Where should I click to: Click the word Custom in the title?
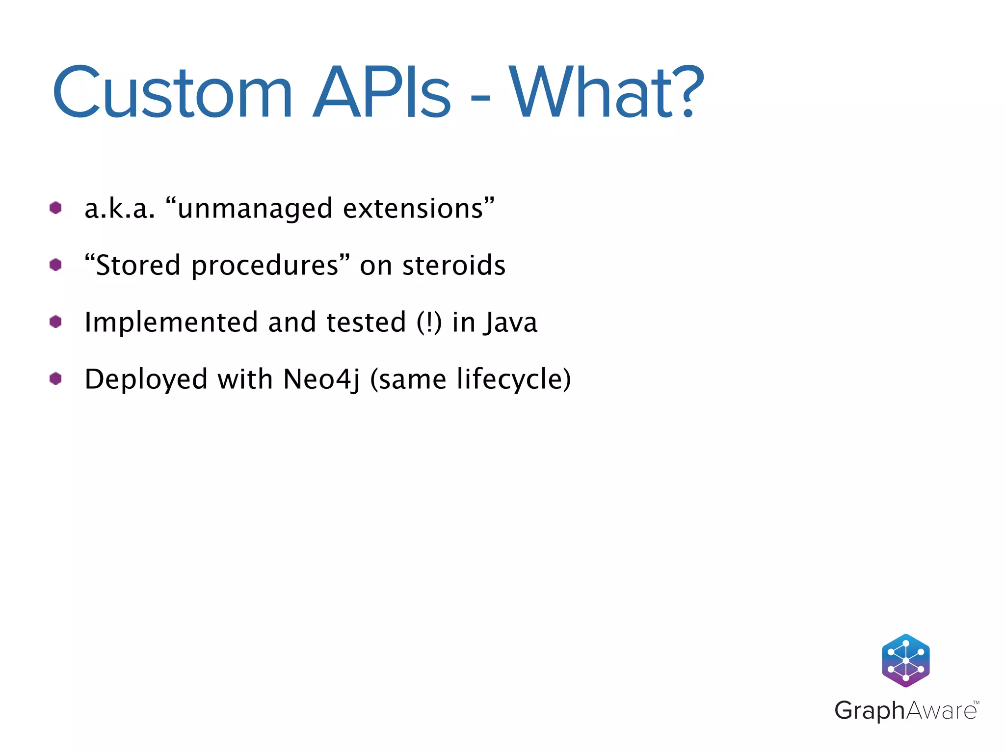coord(172,93)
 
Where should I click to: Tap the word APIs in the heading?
coord(382,93)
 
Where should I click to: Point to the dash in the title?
coord(480,98)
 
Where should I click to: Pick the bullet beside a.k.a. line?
coord(55,208)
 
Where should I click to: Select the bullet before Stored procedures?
coord(55,265)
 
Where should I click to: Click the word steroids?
coord(453,266)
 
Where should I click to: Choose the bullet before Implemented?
coord(55,322)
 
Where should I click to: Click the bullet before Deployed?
coord(55,379)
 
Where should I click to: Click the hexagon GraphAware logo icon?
coord(905,660)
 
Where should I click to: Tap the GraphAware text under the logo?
coord(905,710)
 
